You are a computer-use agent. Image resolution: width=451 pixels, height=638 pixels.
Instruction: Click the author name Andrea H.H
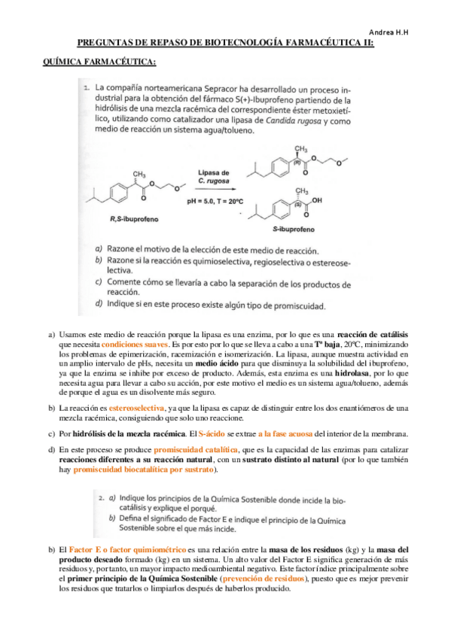pos(416,32)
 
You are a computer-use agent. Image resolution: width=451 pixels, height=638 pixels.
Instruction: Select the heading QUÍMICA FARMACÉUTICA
pos(99,60)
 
